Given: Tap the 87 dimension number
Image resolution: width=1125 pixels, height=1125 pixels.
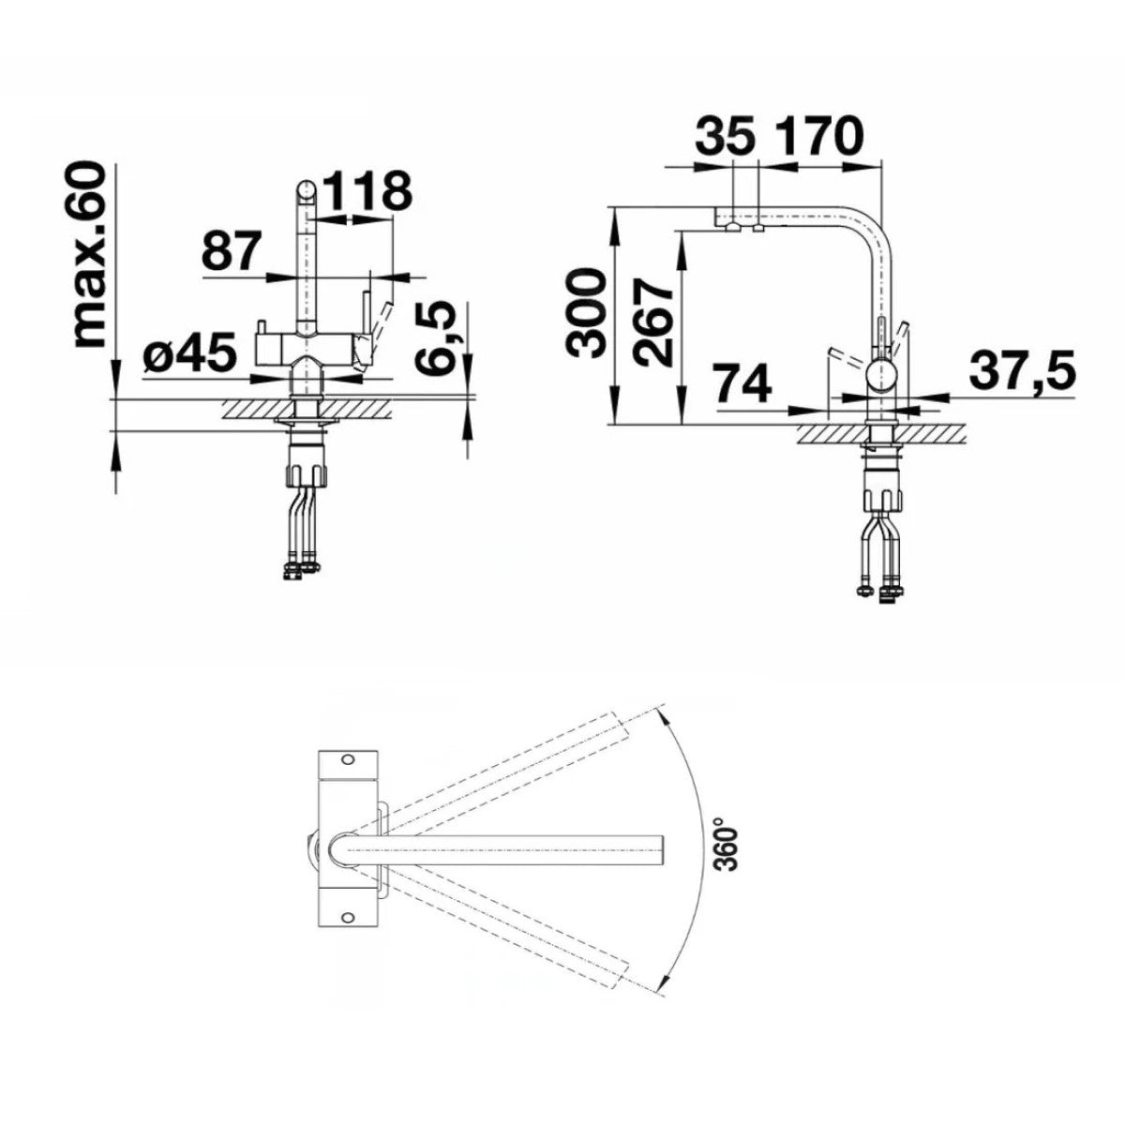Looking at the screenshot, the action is coord(230,251).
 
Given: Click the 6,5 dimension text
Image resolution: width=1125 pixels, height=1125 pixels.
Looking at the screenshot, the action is coord(434,337).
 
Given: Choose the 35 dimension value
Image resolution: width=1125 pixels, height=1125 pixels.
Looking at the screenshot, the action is coord(724,136).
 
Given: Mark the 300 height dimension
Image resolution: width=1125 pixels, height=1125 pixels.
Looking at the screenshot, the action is coord(586,313).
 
